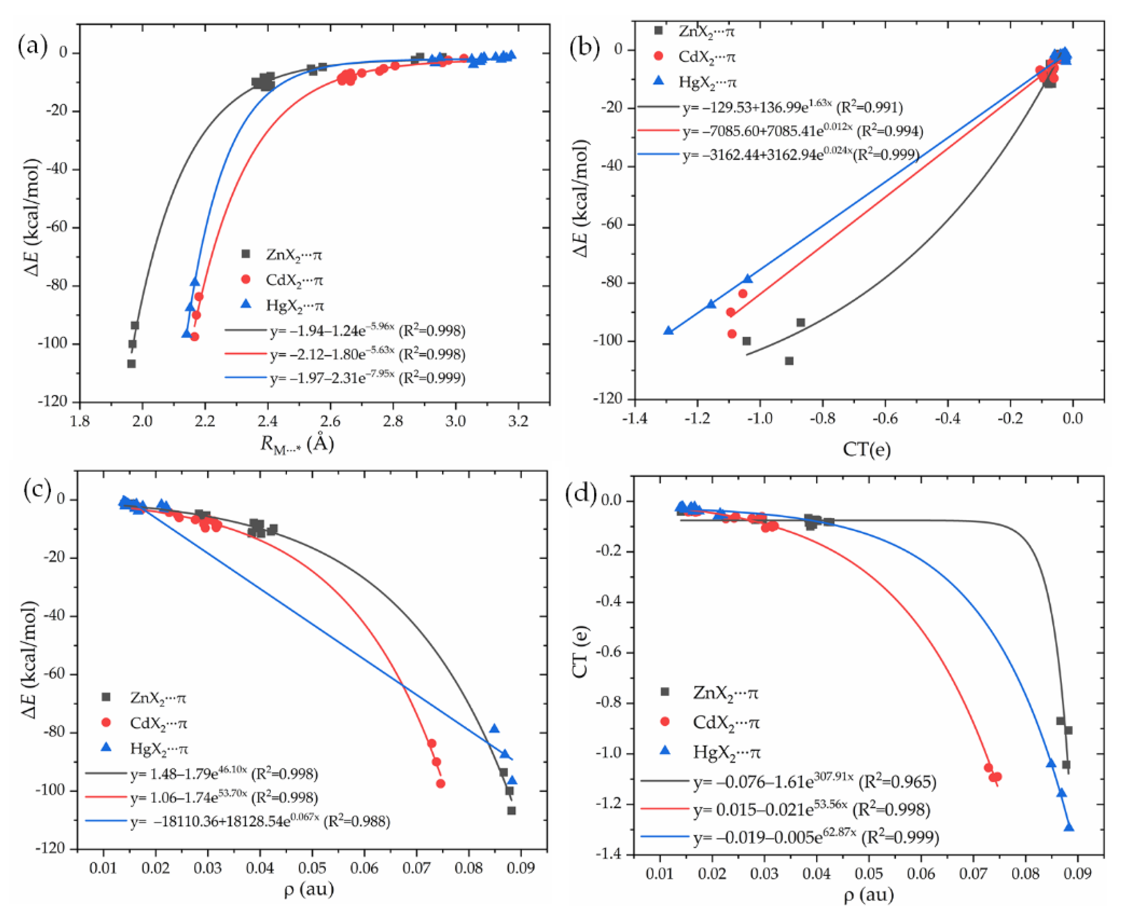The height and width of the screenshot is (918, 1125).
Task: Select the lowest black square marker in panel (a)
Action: [x=131, y=364]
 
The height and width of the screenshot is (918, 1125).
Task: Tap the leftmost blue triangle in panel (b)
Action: [x=669, y=330]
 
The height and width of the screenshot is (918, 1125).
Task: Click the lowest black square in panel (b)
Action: [x=789, y=360]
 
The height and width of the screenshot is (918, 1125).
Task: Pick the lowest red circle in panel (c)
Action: [x=441, y=783]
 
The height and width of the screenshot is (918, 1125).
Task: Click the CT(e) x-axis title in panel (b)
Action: [x=867, y=449]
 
